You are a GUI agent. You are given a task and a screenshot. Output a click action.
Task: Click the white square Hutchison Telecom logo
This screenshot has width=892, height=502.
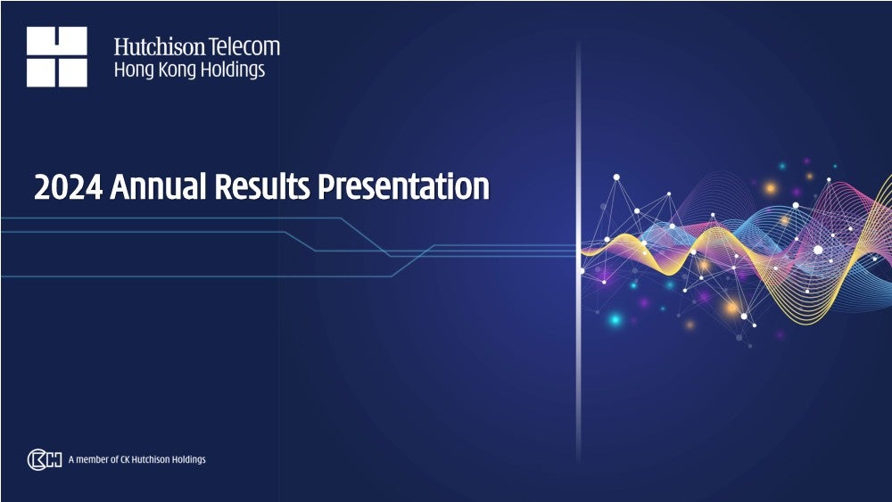coord(57,56)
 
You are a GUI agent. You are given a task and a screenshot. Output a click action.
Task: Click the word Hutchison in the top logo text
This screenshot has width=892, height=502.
coord(160,46)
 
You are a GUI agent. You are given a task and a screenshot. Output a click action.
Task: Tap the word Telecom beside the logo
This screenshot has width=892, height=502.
coord(244,46)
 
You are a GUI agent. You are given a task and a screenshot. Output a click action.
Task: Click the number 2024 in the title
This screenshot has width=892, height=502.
coord(69,187)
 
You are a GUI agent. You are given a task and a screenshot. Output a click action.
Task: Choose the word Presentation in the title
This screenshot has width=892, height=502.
coord(404,186)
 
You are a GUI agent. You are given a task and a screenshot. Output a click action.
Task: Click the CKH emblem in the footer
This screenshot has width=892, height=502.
coord(45,459)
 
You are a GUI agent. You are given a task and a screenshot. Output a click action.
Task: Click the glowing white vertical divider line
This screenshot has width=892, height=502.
coord(579,251)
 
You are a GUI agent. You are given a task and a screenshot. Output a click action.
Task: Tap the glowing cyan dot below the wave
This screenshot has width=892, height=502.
coord(615,319)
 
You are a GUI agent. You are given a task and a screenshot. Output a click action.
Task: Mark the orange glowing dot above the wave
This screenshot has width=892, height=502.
coord(771,188)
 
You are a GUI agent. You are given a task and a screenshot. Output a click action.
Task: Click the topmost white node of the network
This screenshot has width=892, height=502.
coord(616,177)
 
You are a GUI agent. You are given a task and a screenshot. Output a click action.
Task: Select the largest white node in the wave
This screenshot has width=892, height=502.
coord(818,250)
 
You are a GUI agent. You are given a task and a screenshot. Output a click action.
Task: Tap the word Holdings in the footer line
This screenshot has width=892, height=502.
coord(189,459)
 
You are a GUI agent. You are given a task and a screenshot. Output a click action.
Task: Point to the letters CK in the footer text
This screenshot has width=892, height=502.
coord(125,459)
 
